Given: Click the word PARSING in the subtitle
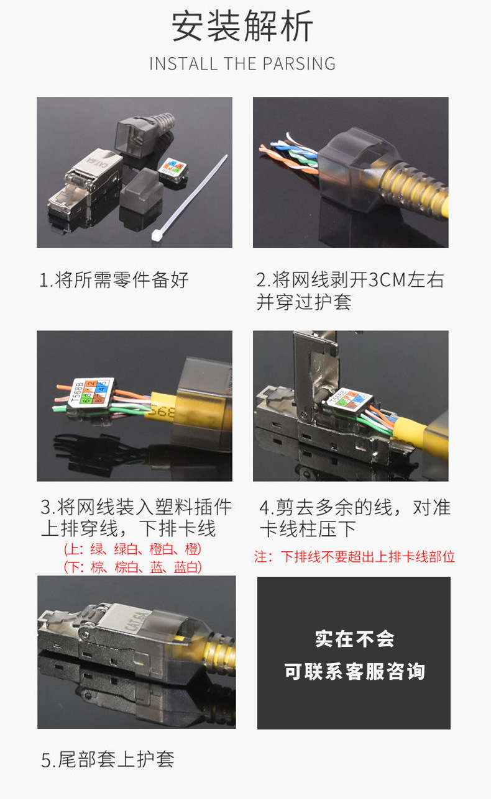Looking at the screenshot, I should point(299,64).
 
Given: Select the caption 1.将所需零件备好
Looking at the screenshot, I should point(114,280).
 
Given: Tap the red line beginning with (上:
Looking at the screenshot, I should point(132,549).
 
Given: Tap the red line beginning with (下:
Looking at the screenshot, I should point(132,567).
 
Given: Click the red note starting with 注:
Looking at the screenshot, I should point(354,557).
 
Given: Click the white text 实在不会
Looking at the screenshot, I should point(354,639).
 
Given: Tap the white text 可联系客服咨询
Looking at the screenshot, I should point(354,671).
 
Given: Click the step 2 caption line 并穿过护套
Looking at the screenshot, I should point(304,302).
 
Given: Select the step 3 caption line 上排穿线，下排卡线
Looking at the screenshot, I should point(128,530).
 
